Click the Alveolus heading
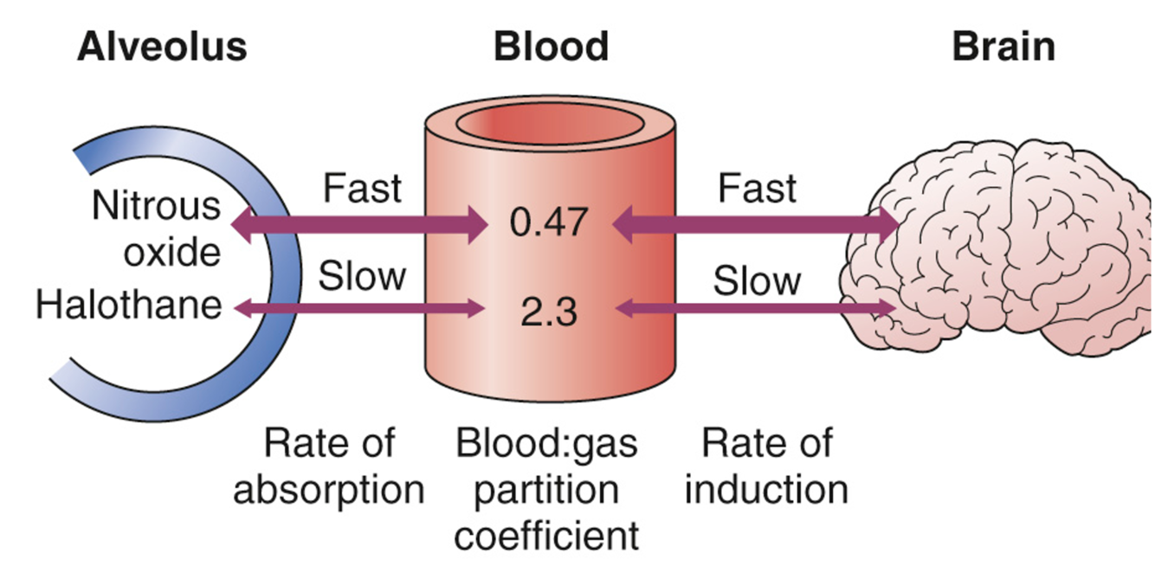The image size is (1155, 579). pos(162,47)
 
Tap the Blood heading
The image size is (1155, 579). pos(551,47)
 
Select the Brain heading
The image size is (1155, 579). pos(1003,47)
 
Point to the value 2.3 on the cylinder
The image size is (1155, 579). pos(549,311)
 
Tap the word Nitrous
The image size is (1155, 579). pos(157,207)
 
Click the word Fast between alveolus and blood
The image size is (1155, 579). pos(362,189)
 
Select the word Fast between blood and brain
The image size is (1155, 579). pos(758,189)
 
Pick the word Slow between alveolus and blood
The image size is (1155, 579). pos(362,276)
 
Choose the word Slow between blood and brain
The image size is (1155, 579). pos(758,280)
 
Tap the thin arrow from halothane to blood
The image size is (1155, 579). pos(359,306)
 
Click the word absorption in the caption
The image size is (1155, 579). pos(329,491)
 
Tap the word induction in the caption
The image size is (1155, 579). pos(765,491)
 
